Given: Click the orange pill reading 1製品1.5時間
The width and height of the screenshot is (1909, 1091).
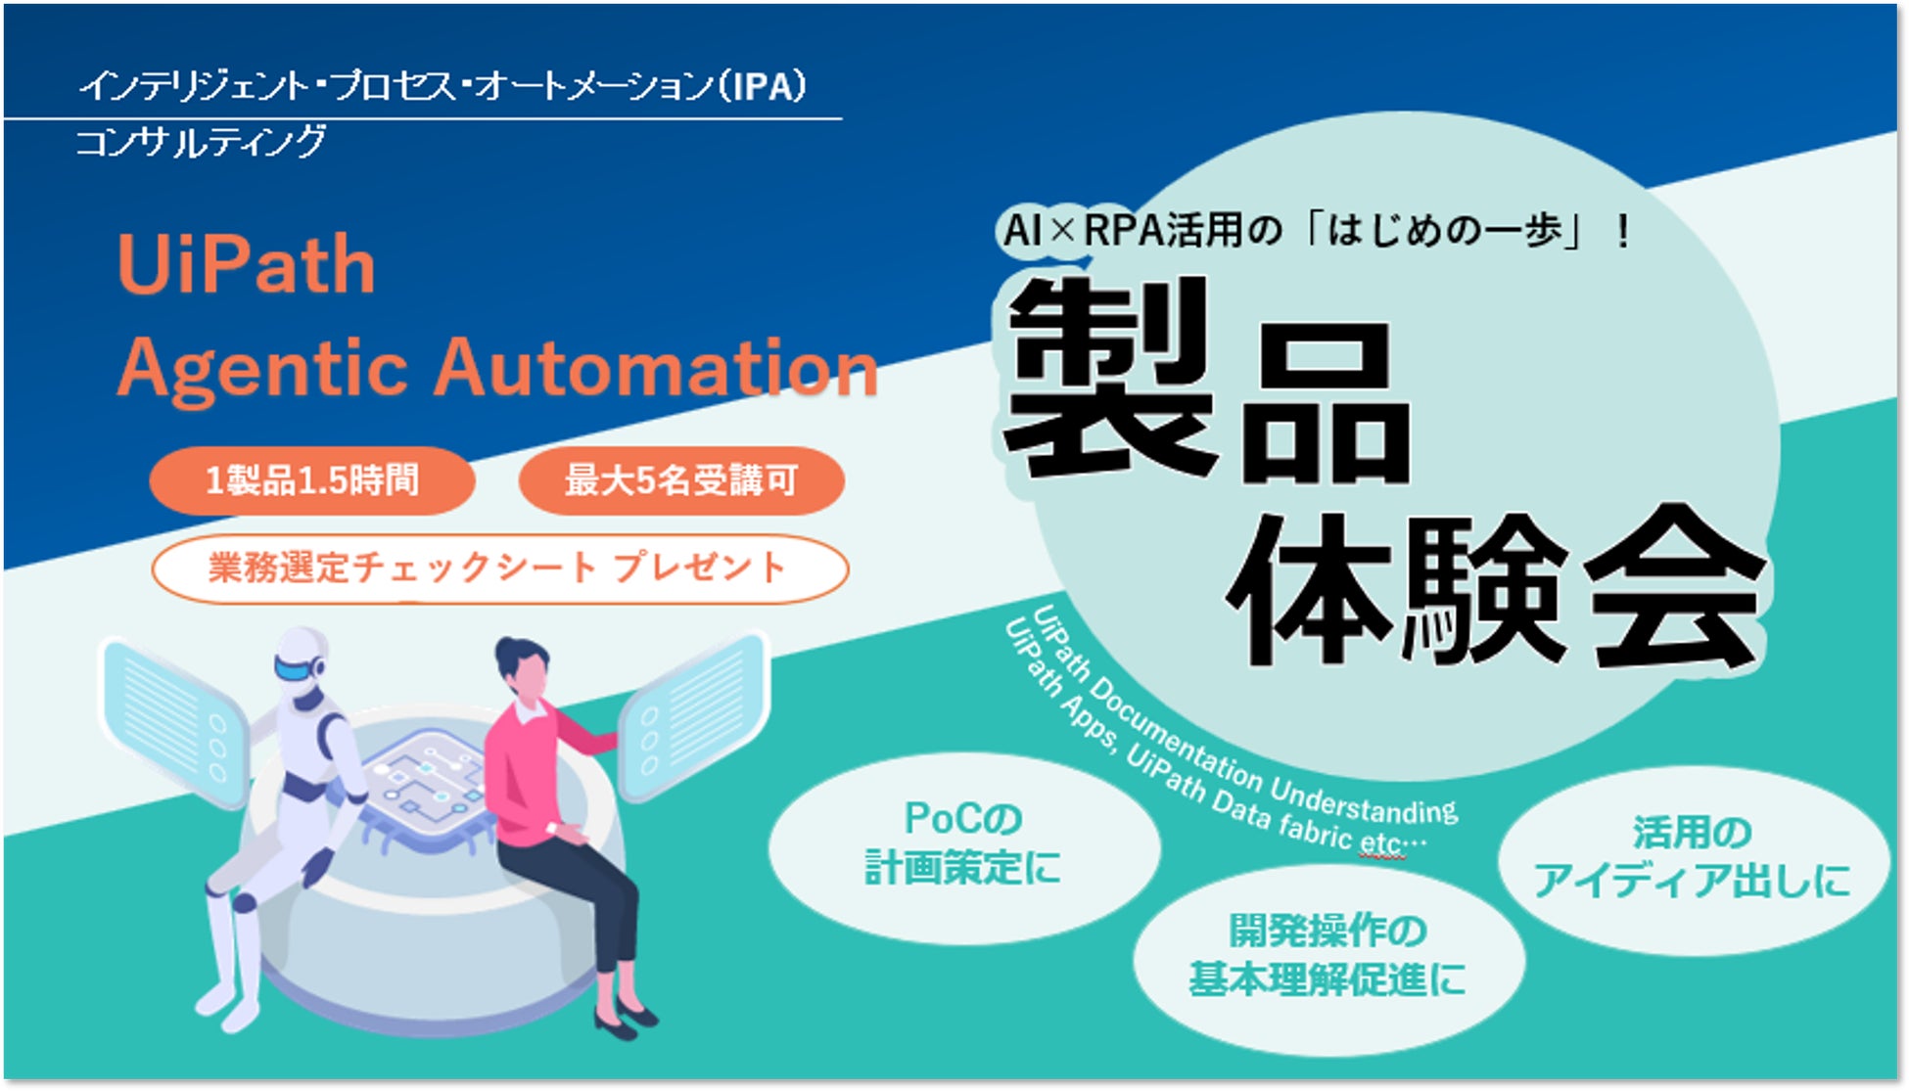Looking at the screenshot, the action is click(x=312, y=480).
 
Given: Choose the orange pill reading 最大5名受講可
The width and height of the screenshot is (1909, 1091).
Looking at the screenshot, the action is click(x=681, y=480).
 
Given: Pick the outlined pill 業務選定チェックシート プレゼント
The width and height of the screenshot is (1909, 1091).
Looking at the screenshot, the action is click(x=500, y=568).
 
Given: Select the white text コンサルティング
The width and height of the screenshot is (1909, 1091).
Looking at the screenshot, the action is click(x=201, y=142).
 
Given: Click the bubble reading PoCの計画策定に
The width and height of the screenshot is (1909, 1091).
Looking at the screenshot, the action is click(x=964, y=847).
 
